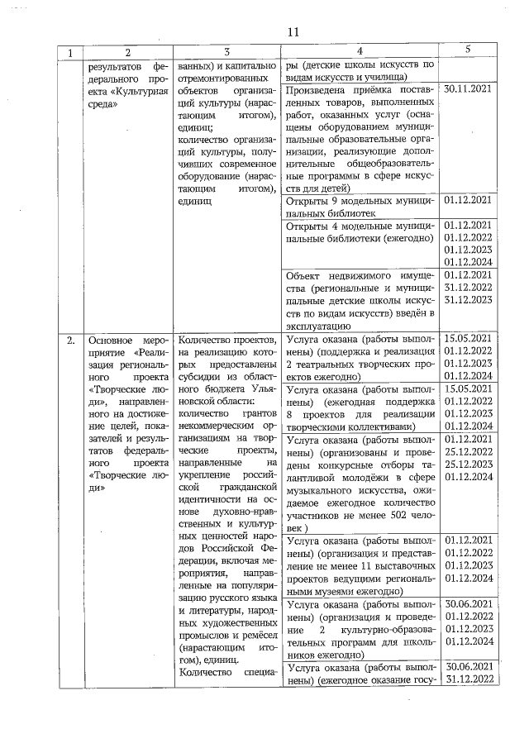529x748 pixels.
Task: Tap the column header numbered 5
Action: (468, 50)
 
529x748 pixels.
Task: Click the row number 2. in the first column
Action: (72, 340)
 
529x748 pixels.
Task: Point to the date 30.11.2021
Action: (468, 87)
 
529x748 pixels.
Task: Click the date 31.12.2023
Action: (468, 300)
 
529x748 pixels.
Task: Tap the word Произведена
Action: (318, 87)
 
